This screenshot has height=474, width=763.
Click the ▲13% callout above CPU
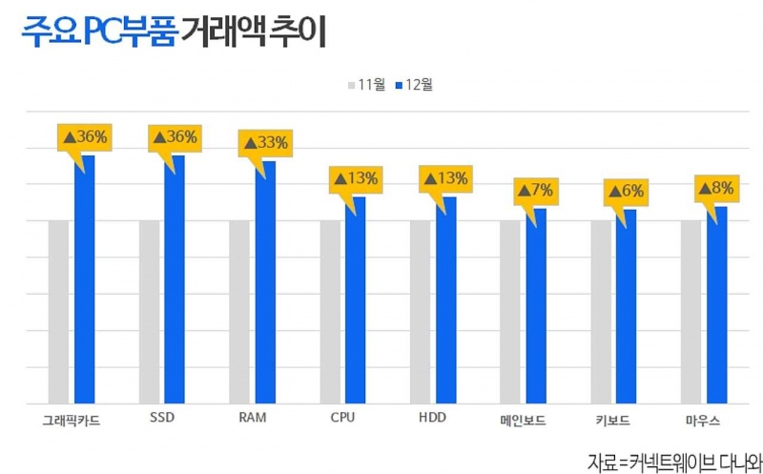pyautogui.click(x=355, y=177)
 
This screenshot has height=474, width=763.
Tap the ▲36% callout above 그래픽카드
pyautogui.click(x=85, y=136)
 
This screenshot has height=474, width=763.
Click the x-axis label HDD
pyautogui.click(x=432, y=418)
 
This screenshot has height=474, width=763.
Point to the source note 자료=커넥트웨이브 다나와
pyautogui.click(x=673, y=460)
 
